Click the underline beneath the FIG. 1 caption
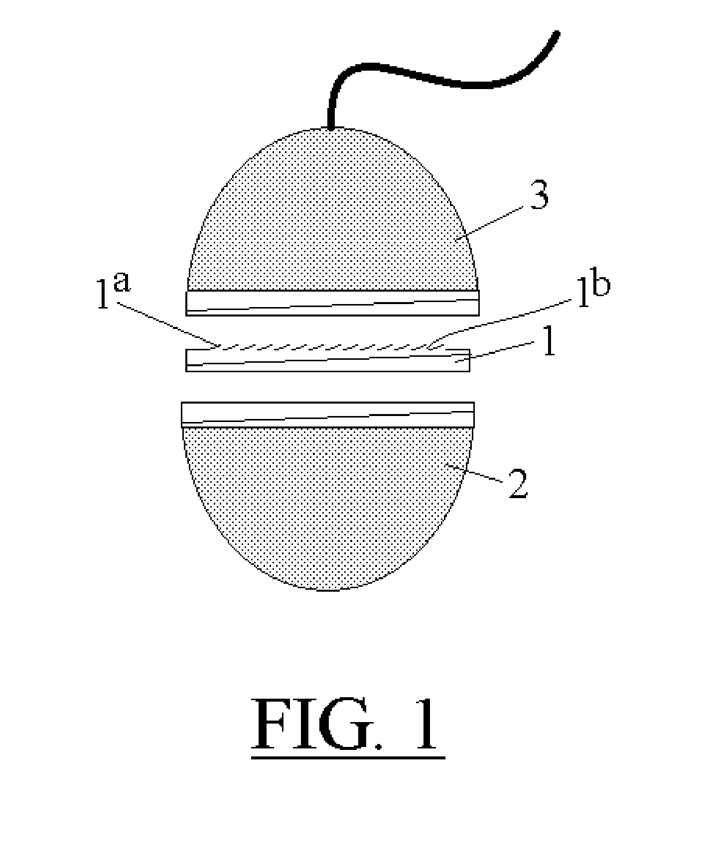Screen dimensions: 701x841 point(348,758)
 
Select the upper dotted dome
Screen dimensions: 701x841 point(332,214)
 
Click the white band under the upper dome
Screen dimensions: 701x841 point(332,303)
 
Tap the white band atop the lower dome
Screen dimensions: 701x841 point(328,415)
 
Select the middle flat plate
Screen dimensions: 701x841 point(328,360)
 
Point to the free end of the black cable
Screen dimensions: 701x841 point(557,34)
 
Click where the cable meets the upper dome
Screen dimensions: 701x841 point(330,127)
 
